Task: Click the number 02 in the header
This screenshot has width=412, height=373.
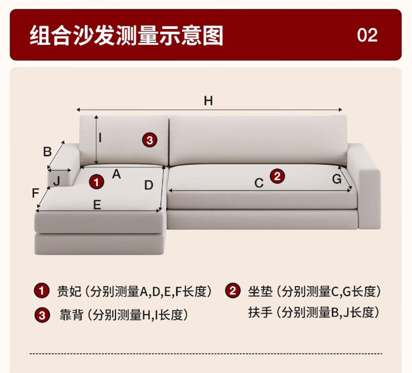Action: coord(367,35)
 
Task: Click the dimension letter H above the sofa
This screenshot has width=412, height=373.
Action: coord(208,101)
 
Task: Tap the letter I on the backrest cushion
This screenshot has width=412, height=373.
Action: coord(100,138)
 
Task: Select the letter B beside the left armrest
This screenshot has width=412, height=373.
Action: coord(47,152)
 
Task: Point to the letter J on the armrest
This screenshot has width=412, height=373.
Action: coord(57,181)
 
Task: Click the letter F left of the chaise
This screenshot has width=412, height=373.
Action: coord(35,193)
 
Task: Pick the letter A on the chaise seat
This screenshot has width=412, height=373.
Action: coord(116,174)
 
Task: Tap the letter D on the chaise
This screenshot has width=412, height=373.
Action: coord(149,185)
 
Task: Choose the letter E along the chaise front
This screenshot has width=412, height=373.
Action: coord(97,204)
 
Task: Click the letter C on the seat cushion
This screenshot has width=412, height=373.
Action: coord(259,183)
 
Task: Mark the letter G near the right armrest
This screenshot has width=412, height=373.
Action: coord(337,179)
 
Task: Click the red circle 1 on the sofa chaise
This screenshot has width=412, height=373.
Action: coord(97,182)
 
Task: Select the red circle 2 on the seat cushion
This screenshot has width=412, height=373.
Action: coord(277,176)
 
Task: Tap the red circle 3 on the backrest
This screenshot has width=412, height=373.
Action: coord(150,140)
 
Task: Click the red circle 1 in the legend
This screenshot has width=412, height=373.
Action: coord(42,291)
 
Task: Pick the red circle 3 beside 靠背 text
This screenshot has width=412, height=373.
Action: coord(42,315)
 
